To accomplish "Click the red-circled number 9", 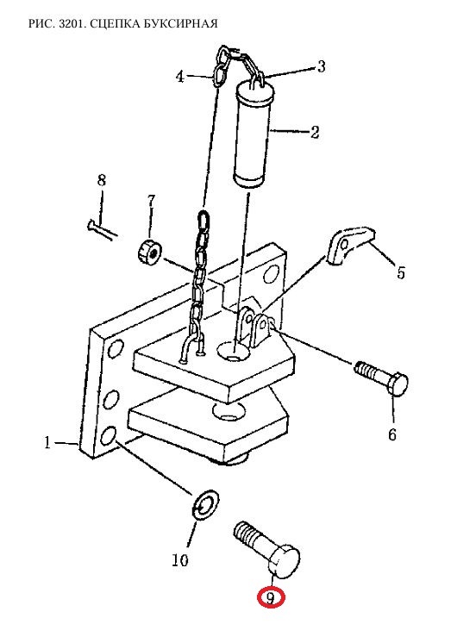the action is pos(271,598).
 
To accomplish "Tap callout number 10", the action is pos(180,560).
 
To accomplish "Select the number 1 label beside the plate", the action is pos(47,442).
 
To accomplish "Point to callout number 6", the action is pos(392,434).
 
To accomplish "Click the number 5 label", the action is pos(400,273).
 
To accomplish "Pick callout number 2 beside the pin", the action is pos(315,132).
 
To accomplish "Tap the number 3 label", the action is pos(321,66).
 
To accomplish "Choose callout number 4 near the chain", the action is pos(180,77).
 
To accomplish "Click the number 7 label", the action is pos(151,202).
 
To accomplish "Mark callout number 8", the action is pos(102,181).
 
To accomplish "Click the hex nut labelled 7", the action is pos(149,253).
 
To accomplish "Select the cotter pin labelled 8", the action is pos(102,230).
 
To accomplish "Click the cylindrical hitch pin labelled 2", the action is pos(254,134).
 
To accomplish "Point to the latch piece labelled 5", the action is pos(350,245).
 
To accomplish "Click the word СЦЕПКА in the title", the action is pos(109,24).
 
